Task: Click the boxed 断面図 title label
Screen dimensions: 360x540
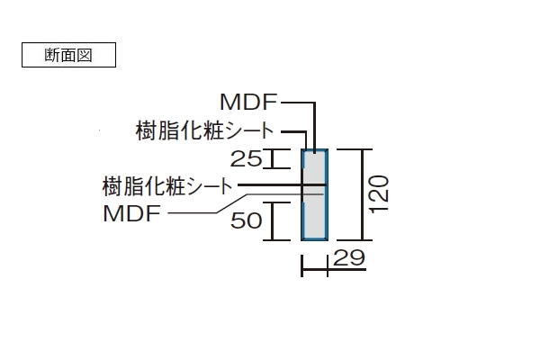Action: coord(67,54)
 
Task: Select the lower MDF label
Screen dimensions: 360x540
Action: coord(131,214)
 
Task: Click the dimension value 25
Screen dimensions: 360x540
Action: coord(246,159)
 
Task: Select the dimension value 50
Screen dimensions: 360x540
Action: coord(246,220)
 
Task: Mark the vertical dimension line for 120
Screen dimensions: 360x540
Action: coord(362,194)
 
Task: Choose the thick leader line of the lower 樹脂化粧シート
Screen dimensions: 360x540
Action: coord(270,186)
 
